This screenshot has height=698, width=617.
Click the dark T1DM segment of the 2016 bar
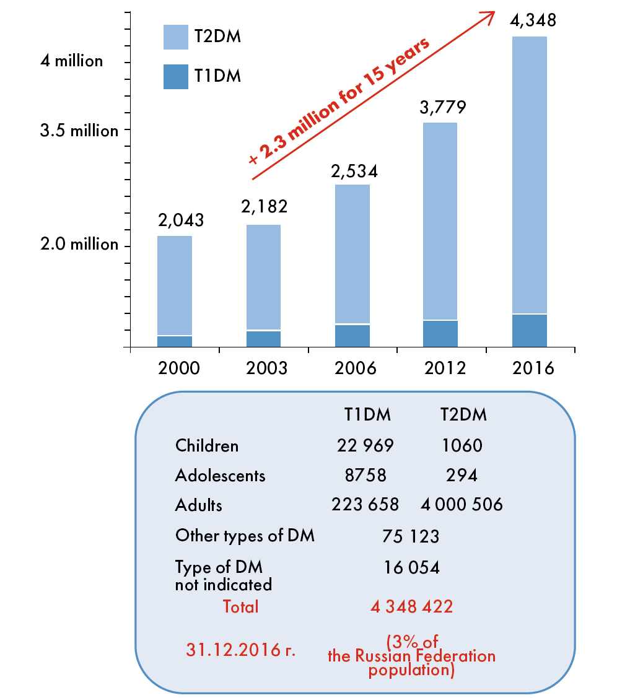pyautogui.click(x=530, y=330)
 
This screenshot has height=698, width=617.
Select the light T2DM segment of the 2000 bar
pyautogui.click(x=175, y=285)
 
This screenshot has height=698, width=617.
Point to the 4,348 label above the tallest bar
pyautogui.click(x=532, y=20)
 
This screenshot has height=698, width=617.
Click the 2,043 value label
pyautogui.click(x=181, y=220)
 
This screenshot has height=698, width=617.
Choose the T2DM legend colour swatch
pyautogui.click(x=175, y=37)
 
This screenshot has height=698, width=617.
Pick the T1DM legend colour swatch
pyautogui.click(x=175, y=76)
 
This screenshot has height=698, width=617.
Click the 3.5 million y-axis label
pyautogui.click(x=79, y=131)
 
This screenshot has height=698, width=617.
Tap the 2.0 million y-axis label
pyautogui.click(x=79, y=244)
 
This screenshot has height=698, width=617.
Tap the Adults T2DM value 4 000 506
pyautogui.click(x=462, y=505)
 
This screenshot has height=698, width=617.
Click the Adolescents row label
pyautogui.click(x=220, y=475)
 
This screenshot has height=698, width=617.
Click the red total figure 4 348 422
pyautogui.click(x=411, y=606)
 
